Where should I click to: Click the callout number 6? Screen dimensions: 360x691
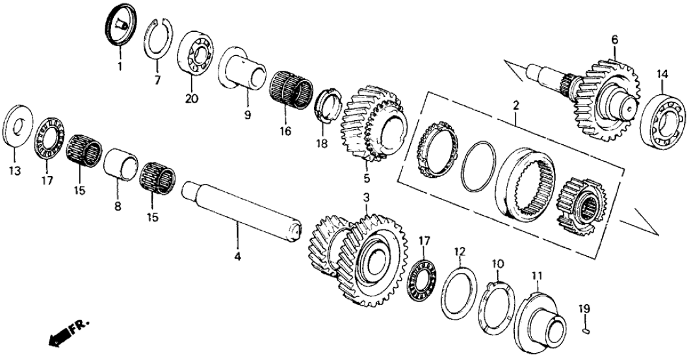click(614, 40)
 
